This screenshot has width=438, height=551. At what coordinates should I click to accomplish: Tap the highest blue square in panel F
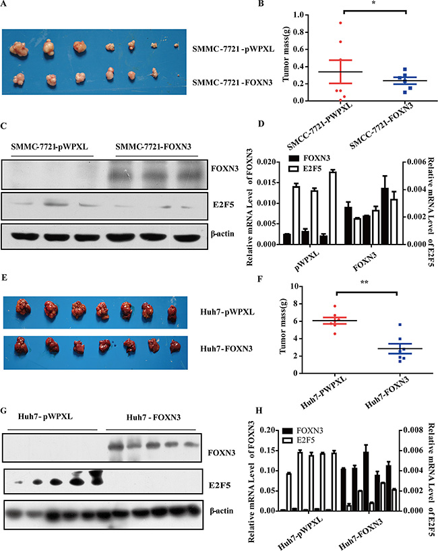[381, 325]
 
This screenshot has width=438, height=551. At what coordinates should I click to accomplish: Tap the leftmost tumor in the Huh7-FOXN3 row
[22, 346]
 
